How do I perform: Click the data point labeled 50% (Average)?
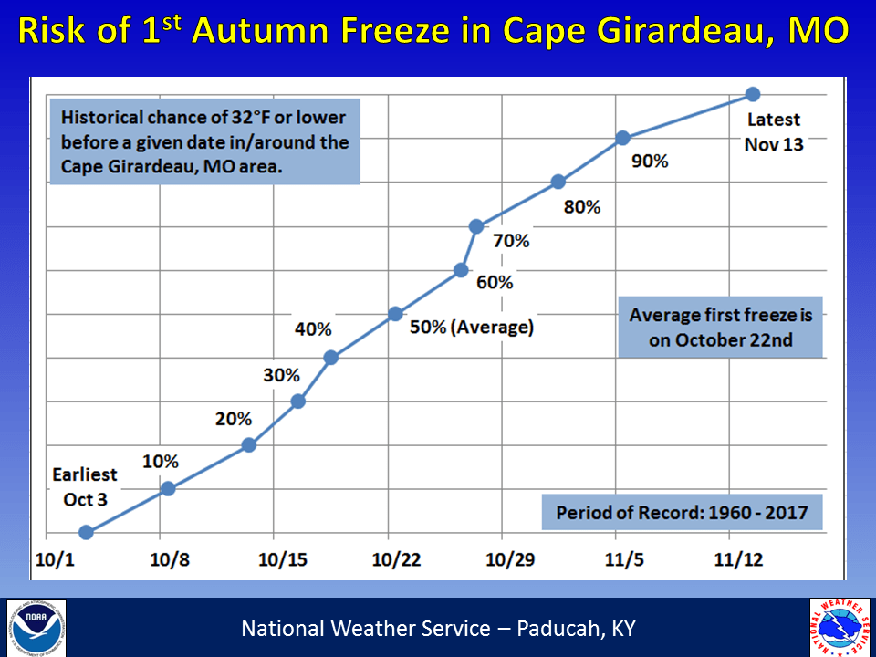point(395,314)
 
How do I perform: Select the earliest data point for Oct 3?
point(86,532)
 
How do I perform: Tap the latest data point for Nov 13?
point(753,94)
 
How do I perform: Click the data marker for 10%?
point(168,488)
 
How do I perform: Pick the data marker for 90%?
point(622,138)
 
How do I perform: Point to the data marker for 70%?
point(476,226)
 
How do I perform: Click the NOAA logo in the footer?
point(36,628)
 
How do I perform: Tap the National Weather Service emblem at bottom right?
point(839,628)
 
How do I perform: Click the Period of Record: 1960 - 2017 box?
point(682,512)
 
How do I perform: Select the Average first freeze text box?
point(720,328)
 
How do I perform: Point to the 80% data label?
point(582,207)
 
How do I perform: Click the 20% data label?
point(233,420)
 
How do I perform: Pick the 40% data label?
point(312,329)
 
